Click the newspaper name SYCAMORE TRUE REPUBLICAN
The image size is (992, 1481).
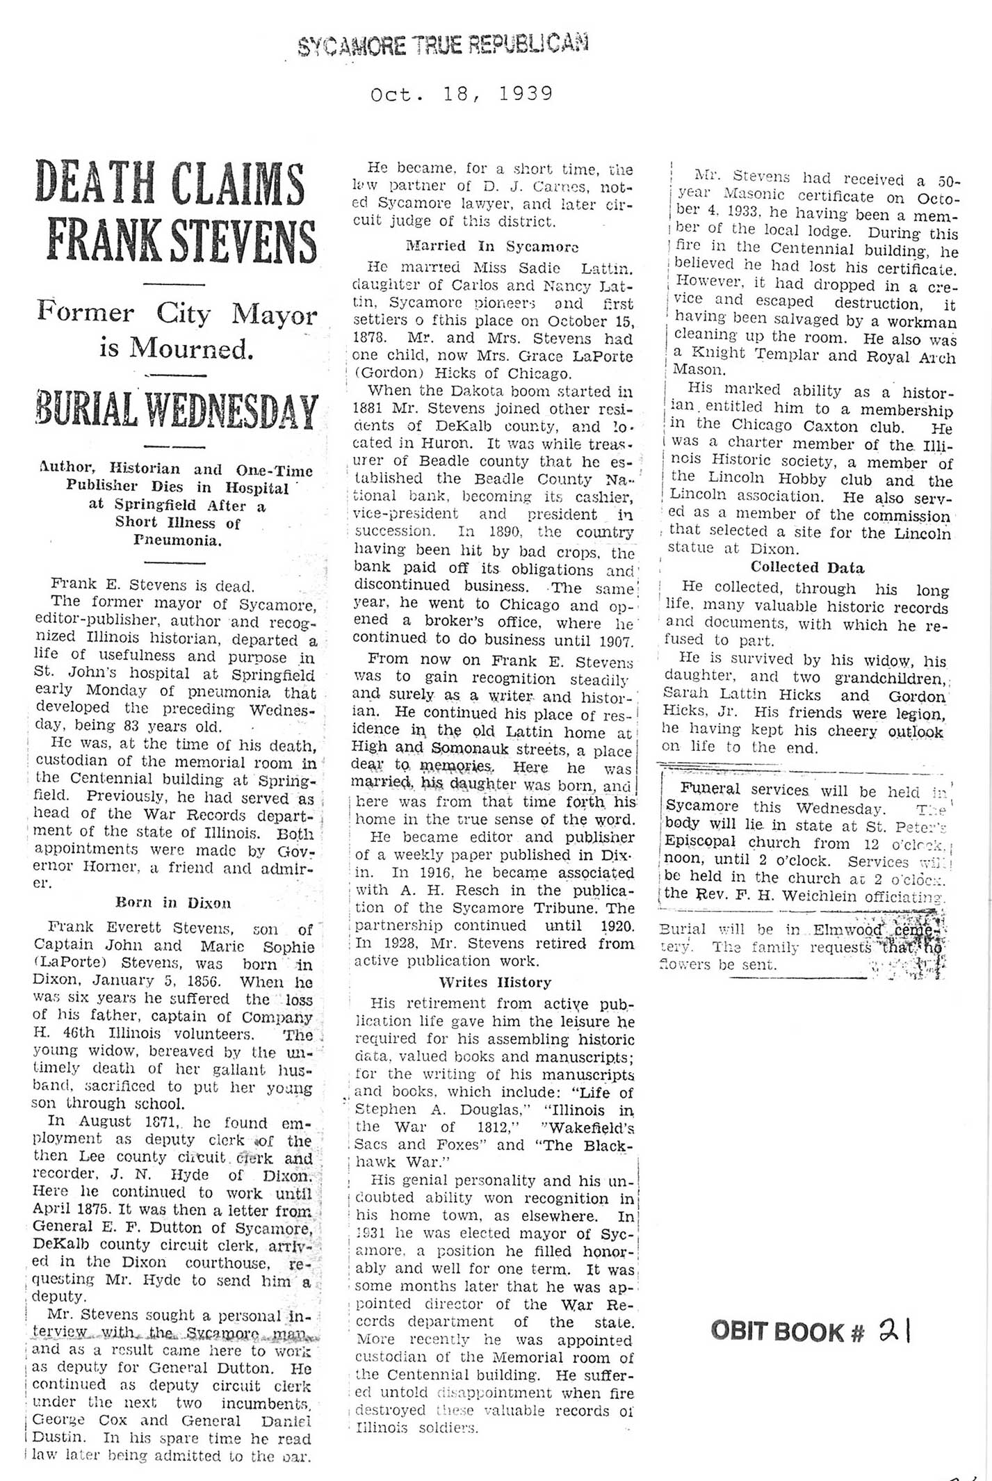tap(443, 45)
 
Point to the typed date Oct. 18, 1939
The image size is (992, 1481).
tap(462, 94)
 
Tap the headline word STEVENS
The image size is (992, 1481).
tap(242, 241)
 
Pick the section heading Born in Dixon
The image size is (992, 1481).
tap(173, 903)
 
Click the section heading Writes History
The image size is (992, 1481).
tap(494, 982)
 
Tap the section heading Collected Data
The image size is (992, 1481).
tap(807, 567)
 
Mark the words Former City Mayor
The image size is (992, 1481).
tap(177, 314)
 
